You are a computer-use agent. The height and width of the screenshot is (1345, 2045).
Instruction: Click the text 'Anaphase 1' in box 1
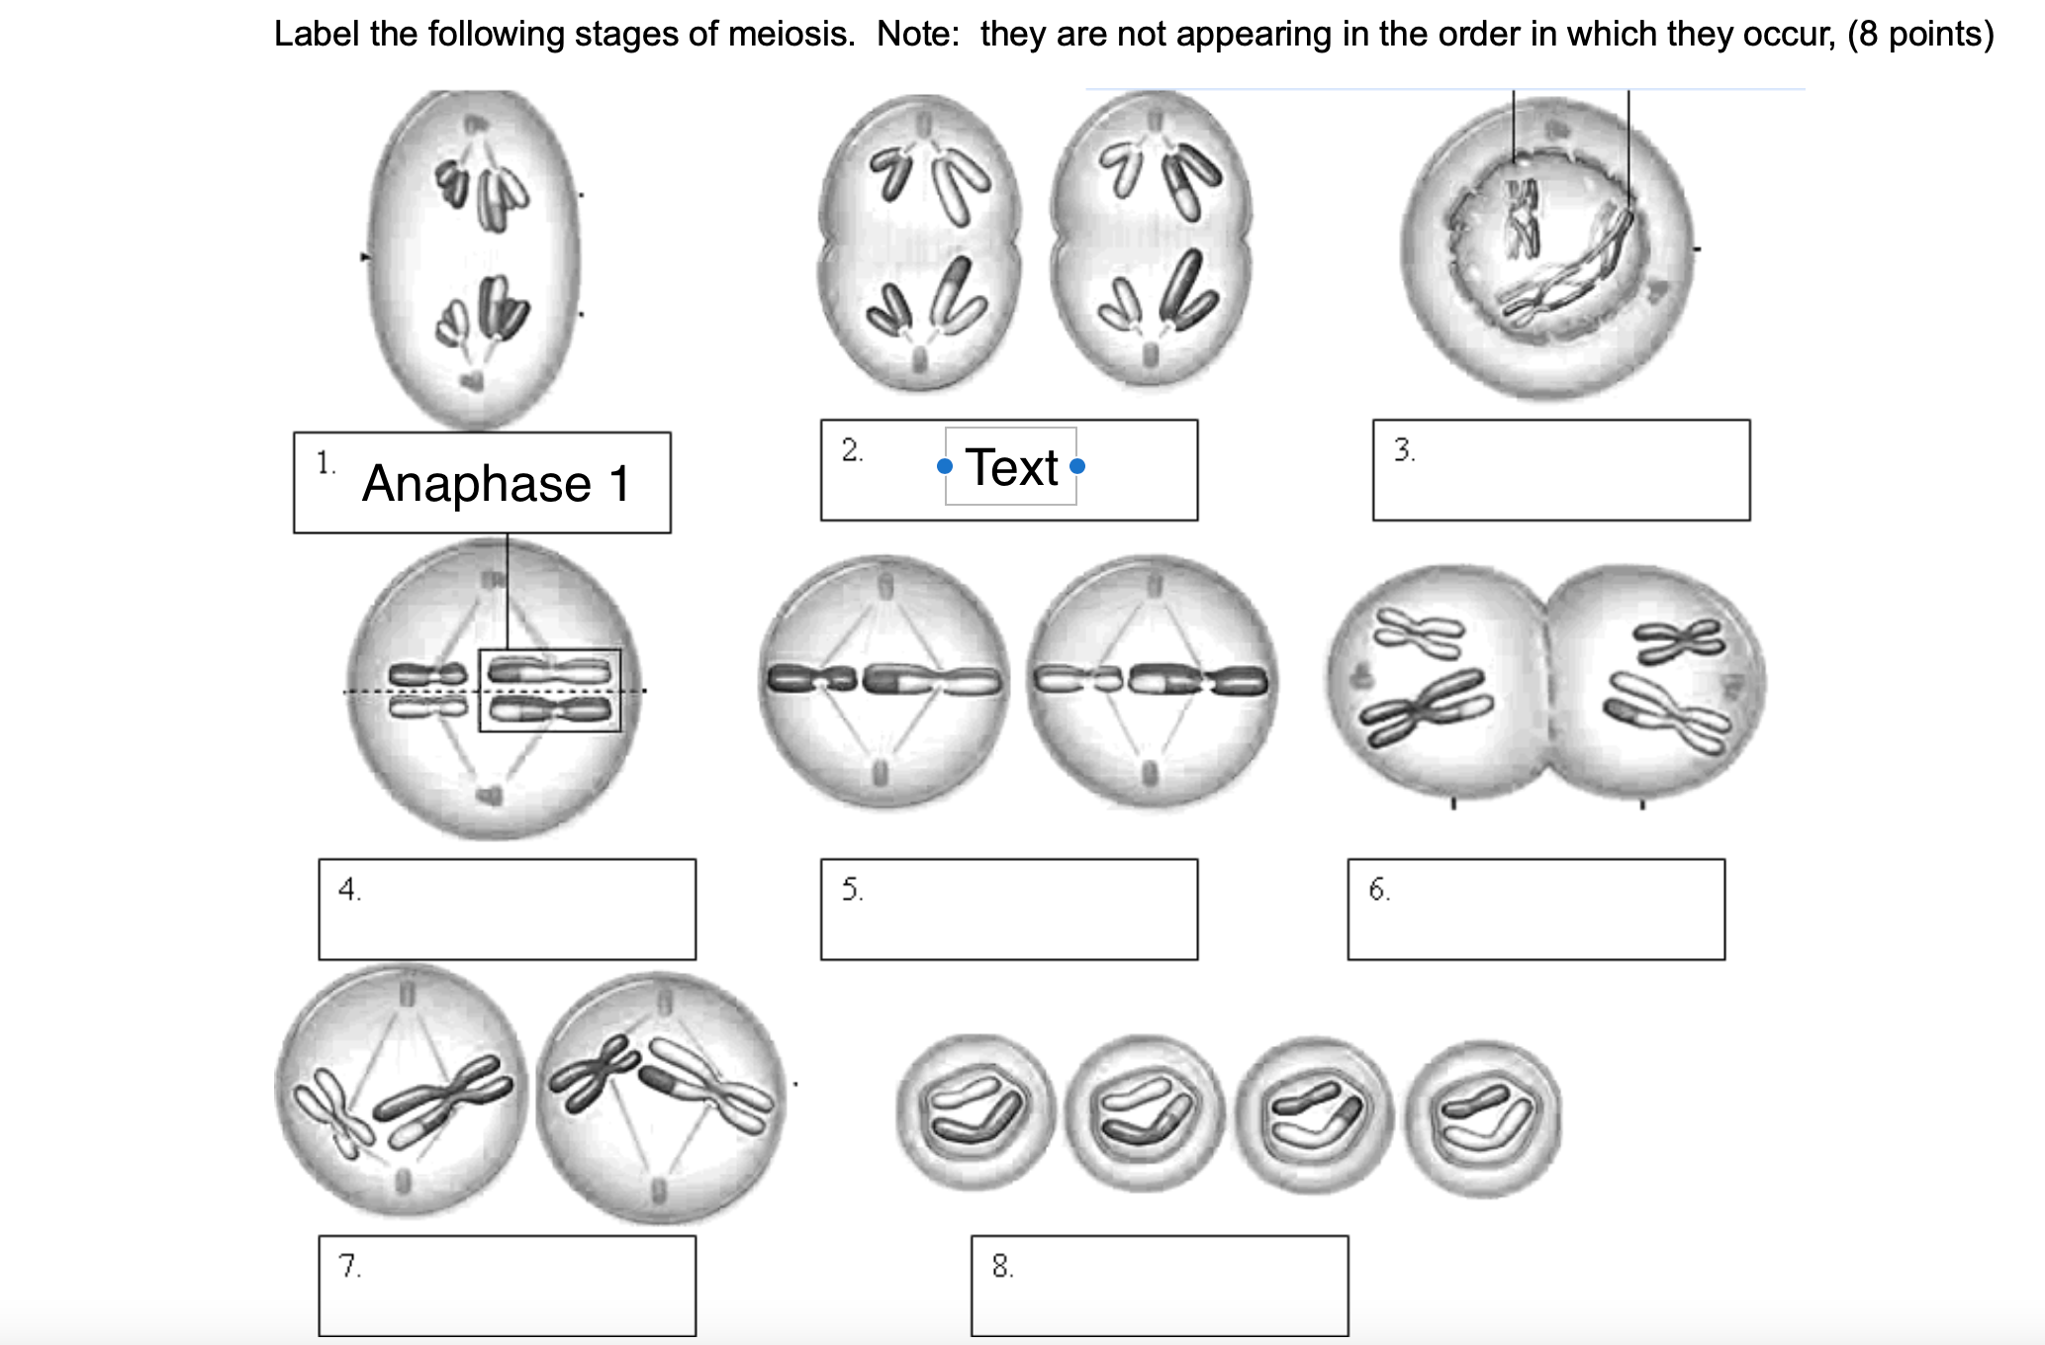coord(496,484)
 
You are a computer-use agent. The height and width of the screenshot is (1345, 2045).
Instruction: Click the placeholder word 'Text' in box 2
coord(1011,467)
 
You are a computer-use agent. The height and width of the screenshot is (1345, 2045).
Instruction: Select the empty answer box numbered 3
coord(1560,470)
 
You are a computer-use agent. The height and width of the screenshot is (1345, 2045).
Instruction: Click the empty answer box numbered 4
coord(507,909)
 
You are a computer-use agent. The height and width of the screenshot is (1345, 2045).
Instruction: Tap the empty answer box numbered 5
coord(1008,909)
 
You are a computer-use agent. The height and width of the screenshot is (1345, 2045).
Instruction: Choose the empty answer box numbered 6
coord(1535,909)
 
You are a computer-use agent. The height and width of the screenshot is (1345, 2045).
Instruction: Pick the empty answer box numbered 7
coord(507,1285)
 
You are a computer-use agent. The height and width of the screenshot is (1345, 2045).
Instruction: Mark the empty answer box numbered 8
coord(1159,1285)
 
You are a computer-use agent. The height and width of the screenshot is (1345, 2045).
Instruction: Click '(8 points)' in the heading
coord(1919,35)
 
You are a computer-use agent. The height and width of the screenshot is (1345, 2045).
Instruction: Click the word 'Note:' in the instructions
coord(917,35)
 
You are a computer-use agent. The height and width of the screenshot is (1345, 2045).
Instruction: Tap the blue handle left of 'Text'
coord(945,466)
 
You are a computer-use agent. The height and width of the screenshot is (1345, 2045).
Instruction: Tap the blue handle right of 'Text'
coord(1077,466)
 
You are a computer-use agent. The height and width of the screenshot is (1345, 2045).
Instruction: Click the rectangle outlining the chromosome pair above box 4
coord(549,690)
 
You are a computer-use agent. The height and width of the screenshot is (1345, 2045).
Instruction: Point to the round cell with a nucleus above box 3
coord(1546,247)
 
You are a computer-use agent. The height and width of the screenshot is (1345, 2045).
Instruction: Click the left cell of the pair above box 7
coord(401,1090)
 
